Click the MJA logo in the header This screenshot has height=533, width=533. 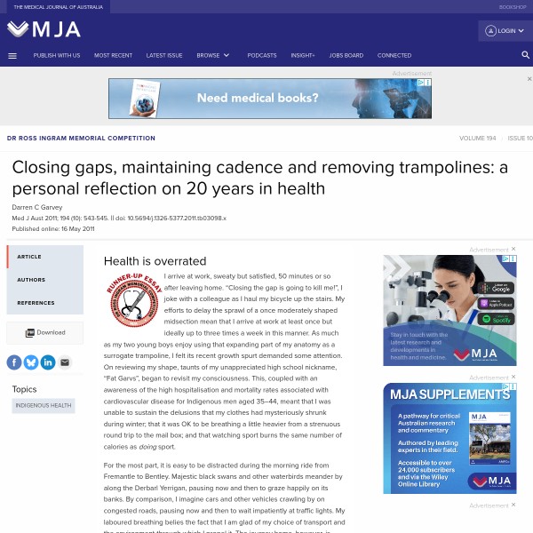tap(44, 29)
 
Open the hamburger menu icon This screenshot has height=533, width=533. tap(12, 55)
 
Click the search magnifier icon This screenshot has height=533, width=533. tap(526, 55)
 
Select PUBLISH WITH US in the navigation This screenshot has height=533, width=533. tap(57, 55)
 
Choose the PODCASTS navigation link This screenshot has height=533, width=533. tap(262, 55)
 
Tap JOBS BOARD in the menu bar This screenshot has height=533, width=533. tap(346, 55)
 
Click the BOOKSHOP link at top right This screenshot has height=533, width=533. tap(513, 6)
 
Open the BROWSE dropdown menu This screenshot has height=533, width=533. tap(213, 55)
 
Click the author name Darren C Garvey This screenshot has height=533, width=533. tap(37, 207)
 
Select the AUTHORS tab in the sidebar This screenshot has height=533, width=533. tap(31, 280)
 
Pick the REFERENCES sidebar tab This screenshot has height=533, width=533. tap(36, 303)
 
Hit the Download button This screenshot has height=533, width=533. tap(45, 332)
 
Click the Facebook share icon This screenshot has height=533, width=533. tap(14, 362)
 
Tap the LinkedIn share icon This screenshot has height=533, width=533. tap(47, 362)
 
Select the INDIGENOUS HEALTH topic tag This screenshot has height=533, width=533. tap(43, 405)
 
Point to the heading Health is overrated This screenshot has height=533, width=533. tap(155, 261)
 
